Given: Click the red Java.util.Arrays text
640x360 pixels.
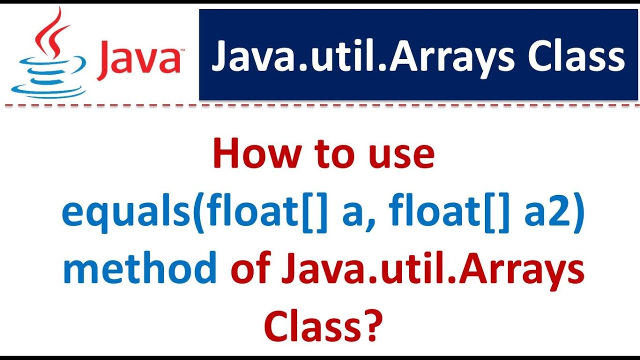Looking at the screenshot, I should pyautogui.click(x=433, y=270).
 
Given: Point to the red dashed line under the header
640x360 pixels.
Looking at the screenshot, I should pyautogui.click(x=320, y=105).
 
